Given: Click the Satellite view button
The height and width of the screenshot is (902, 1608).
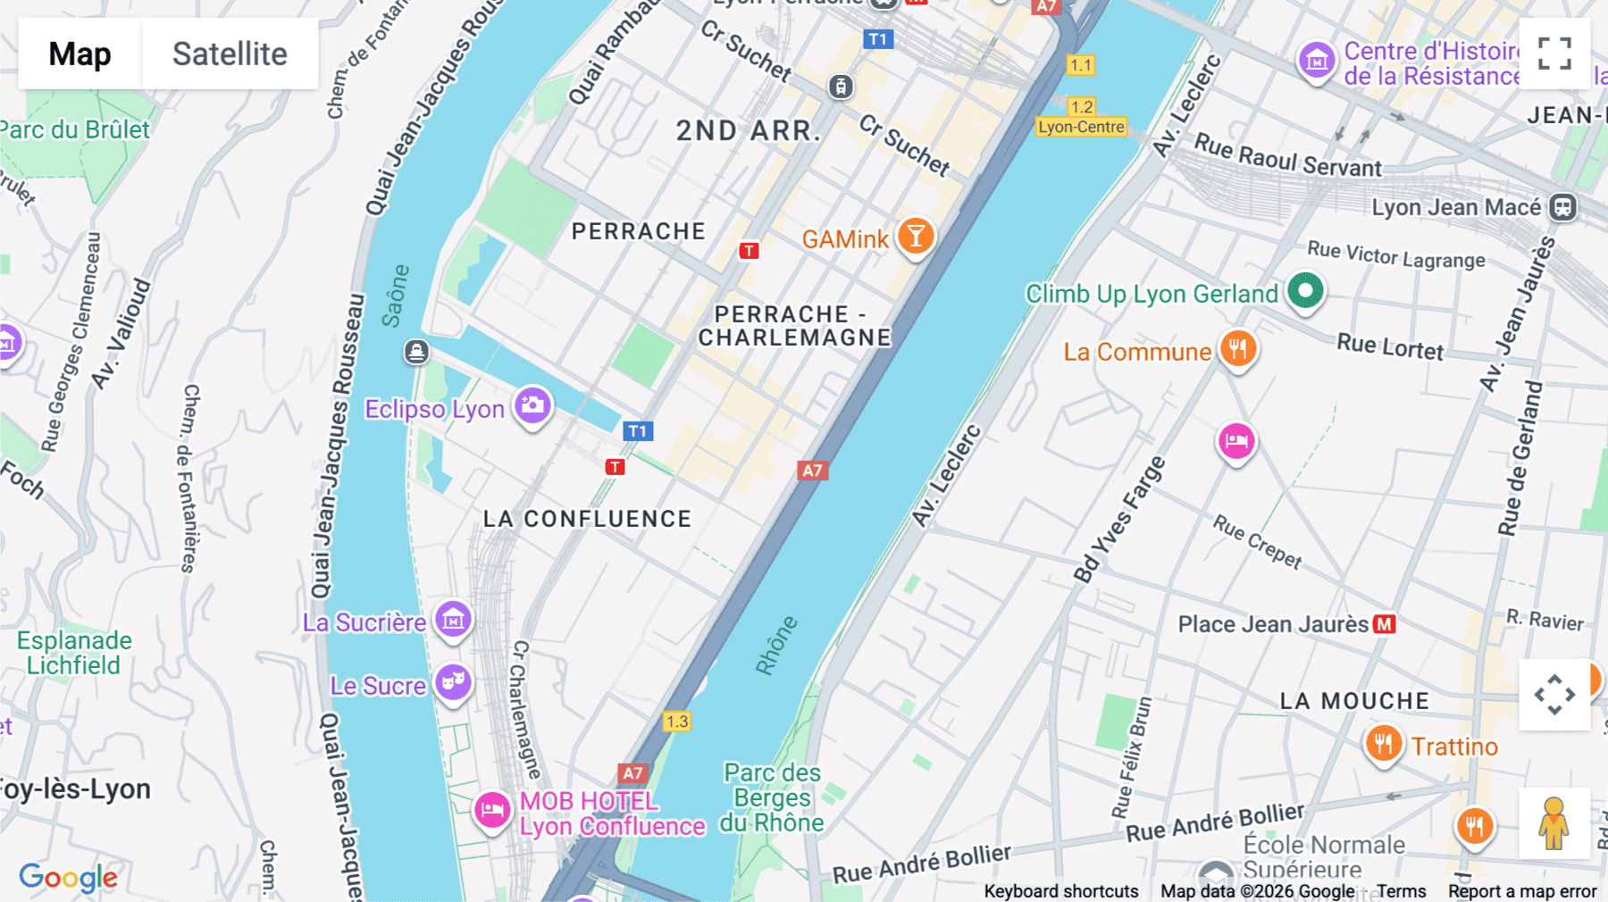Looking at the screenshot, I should [230, 54].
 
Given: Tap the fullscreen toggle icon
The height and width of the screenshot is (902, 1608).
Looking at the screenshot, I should [1554, 54].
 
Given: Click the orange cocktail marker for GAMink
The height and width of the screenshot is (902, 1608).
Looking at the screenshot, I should [916, 237].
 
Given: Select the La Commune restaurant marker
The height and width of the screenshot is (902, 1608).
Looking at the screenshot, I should [1237, 349].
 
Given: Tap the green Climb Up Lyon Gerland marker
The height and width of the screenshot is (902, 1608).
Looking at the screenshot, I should [1305, 290].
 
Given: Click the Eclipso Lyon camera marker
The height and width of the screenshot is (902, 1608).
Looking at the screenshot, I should [532, 406].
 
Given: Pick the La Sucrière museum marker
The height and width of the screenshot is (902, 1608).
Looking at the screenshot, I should [453, 619].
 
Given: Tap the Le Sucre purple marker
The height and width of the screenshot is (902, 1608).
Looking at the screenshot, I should [453, 682].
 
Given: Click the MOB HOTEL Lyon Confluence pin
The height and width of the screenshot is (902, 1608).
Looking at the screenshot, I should [491, 810].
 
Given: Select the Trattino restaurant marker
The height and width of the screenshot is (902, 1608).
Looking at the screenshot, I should [1383, 743].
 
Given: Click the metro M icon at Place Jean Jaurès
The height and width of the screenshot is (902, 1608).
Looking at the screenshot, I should [1385, 624].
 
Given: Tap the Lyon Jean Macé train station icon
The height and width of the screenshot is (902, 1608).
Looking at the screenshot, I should [1562, 207].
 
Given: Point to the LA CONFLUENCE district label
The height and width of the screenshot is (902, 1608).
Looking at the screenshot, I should [587, 519].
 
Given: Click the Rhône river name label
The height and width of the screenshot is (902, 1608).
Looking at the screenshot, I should [775, 645].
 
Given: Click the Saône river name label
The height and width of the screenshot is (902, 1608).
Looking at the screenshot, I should [395, 296].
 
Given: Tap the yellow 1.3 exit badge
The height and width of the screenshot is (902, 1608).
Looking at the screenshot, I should [676, 721].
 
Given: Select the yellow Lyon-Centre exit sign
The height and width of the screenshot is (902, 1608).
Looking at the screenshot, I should [1081, 127].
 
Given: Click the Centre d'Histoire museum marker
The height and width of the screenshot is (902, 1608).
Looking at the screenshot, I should [1316, 61].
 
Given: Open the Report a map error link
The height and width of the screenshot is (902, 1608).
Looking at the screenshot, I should [1521, 891].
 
